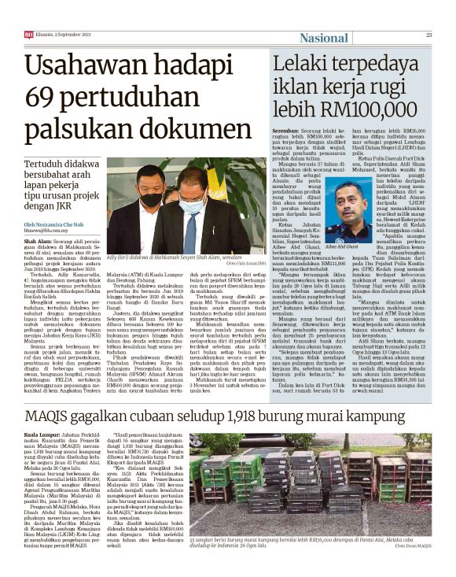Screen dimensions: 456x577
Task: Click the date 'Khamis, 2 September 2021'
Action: pyautogui.click(x=59, y=34)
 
